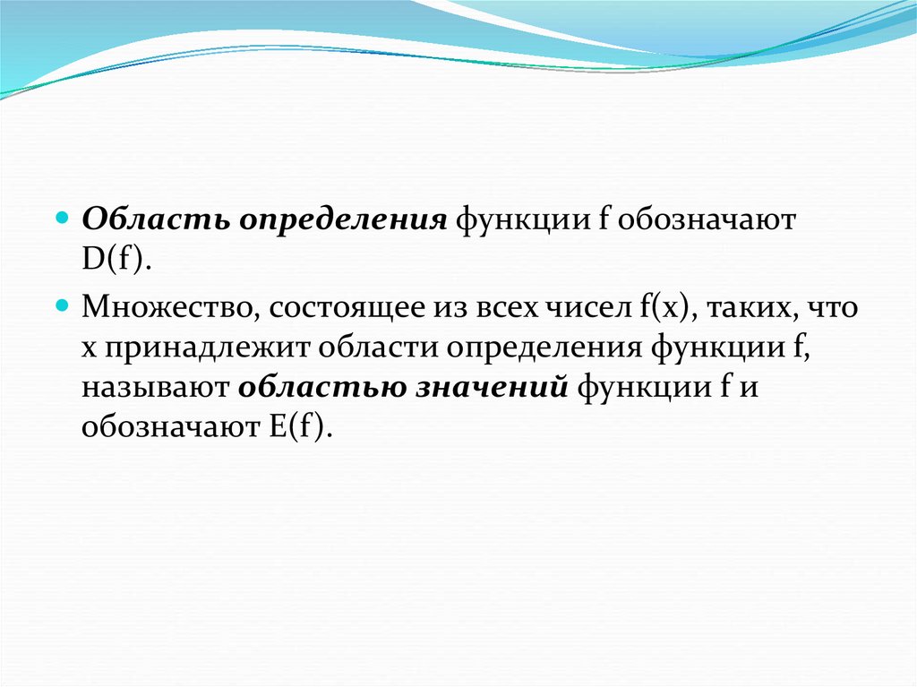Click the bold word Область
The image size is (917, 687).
click(156, 220)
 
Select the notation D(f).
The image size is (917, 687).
click(116, 259)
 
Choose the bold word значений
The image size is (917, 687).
click(492, 388)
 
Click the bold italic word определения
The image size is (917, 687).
click(343, 221)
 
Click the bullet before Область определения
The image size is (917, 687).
click(62, 219)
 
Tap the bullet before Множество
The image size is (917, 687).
click(62, 305)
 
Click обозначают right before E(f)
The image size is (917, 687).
click(171, 426)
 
